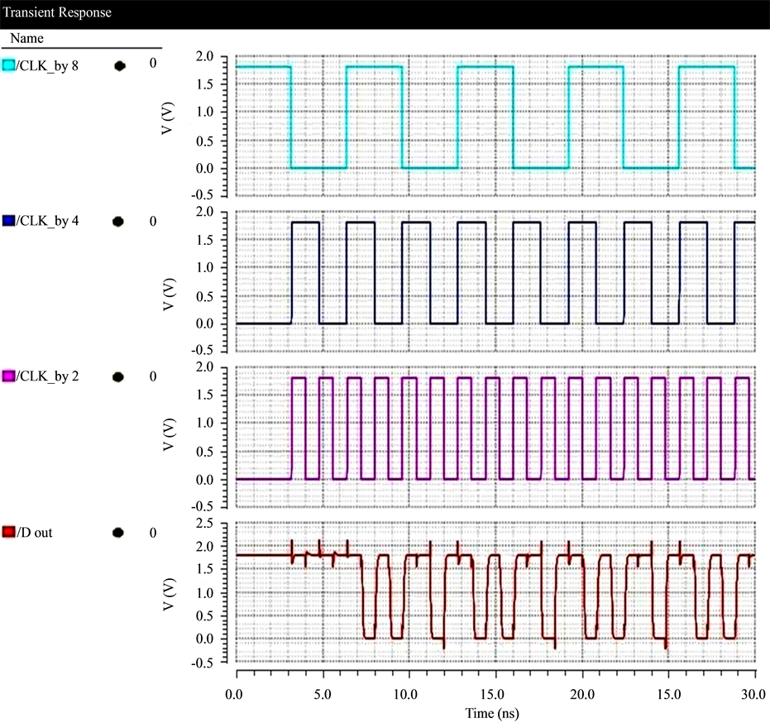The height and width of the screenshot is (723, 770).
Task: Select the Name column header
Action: pos(26,39)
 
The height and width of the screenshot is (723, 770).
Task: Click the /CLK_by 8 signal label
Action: pos(47,65)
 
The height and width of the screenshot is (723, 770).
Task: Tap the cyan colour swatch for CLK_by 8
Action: pos(9,65)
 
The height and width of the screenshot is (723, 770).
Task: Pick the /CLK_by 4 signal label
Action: pos(47,222)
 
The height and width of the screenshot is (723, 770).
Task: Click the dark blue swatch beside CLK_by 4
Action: pos(9,222)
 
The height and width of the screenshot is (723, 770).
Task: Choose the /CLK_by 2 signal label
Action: pos(47,377)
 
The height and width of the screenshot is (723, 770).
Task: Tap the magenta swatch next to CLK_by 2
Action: pos(9,377)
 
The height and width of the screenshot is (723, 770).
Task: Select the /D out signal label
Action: pos(34,533)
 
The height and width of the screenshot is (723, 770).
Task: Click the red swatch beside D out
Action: pos(9,533)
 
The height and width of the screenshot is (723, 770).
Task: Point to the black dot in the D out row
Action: pos(118,533)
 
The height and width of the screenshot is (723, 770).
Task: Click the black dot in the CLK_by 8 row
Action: pos(120,65)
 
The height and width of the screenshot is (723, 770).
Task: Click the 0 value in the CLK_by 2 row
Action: pos(153,377)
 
